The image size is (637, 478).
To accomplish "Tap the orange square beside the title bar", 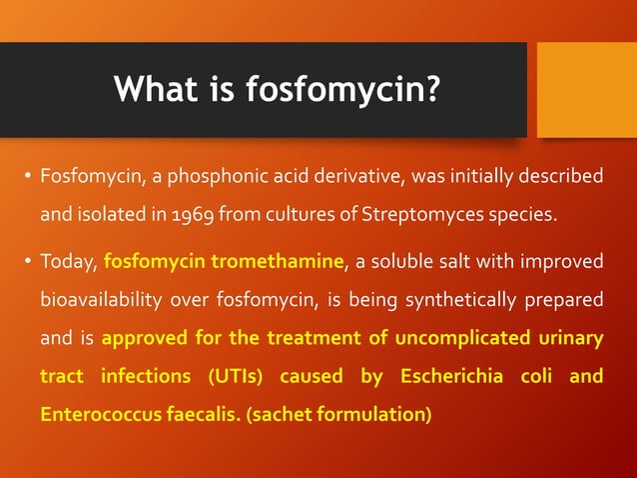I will pyautogui.click(x=586, y=89).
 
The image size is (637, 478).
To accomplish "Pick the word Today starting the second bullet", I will pyautogui.click(x=68, y=262).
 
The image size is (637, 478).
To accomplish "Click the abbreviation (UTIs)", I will pyautogui.click(x=238, y=376).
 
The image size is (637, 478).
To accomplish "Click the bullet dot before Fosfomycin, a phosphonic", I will pyautogui.click(x=27, y=177).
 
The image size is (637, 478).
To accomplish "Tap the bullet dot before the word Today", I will pyautogui.click(x=27, y=262).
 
